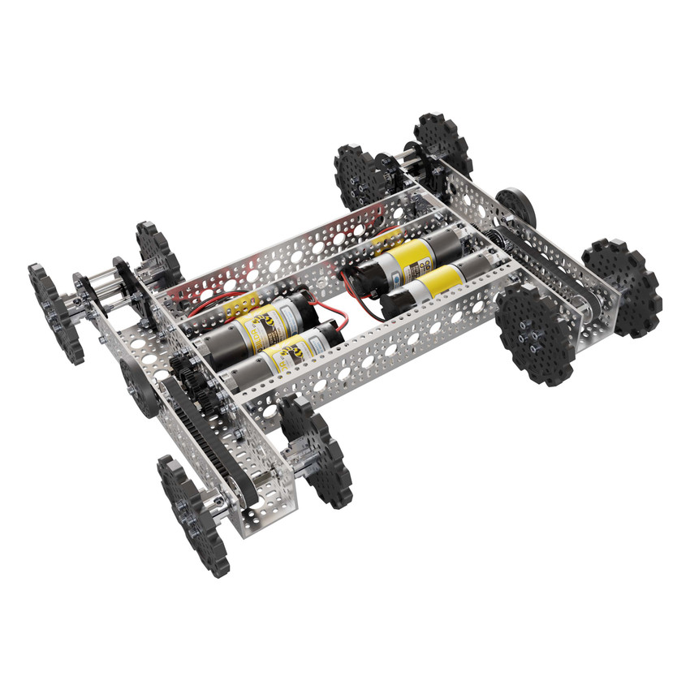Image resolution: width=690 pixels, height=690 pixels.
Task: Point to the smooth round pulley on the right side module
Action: pyautogui.click(x=517, y=209)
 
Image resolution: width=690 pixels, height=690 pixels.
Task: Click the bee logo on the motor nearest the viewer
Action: pyautogui.click(x=287, y=357)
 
